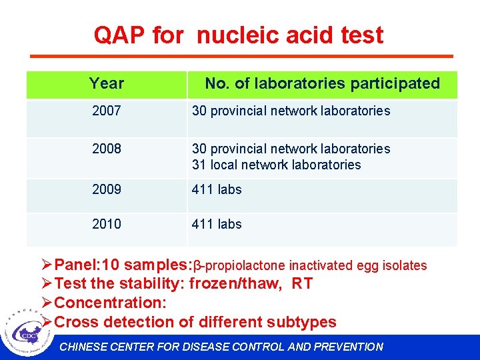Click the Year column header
[107, 83]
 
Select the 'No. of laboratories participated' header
[322, 83]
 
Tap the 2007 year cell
[107, 111]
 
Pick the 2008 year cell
[107, 149]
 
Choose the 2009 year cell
[107, 189]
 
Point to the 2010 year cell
[107, 224]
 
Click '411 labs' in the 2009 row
[217, 189]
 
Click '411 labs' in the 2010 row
[217, 224]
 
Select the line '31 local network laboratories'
[276, 165]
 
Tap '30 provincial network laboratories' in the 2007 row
[291, 111]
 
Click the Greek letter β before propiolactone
[197, 266]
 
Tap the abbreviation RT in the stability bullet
[302, 284]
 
